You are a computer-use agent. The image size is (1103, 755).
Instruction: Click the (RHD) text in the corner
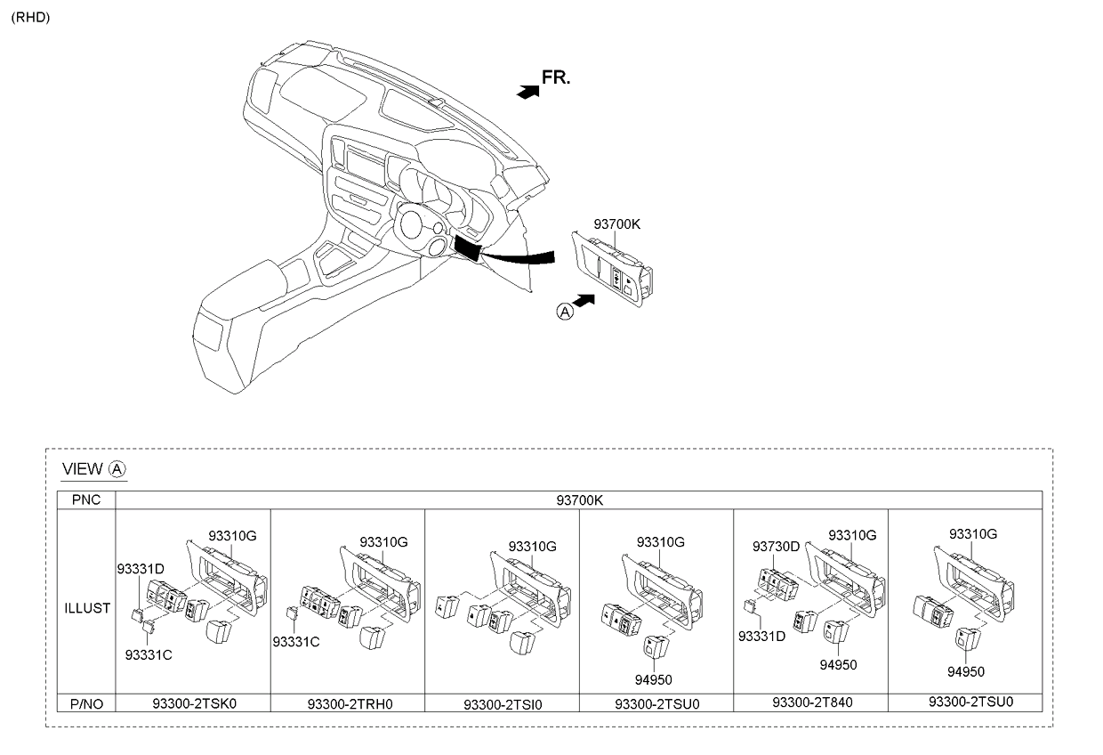click(x=30, y=18)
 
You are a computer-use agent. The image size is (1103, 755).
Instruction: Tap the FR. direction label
click(x=556, y=77)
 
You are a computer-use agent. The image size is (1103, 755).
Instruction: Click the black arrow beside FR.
click(x=527, y=93)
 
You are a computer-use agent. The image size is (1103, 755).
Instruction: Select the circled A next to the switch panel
click(x=565, y=312)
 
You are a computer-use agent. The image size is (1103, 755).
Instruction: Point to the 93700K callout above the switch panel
click(x=616, y=224)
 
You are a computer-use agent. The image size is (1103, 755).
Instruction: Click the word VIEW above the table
click(x=82, y=468)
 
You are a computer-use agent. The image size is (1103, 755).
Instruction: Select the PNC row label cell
click(x=86, y=499)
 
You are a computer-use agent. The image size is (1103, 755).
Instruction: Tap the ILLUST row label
click(x=86, y=608)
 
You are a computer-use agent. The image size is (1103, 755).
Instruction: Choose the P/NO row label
click(x=86, y=703)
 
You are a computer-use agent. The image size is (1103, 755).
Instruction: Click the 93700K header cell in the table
click(x=579, y=500)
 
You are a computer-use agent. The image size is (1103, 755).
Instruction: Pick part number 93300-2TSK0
click(x=194, y=703)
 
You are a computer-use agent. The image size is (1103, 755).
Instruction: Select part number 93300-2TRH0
click(x=350, y=703)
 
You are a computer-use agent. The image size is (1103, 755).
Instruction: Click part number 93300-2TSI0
click(x=503, y=704)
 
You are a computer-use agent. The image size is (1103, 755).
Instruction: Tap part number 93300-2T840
click(x=812, y=702)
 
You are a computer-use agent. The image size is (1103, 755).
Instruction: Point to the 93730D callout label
click(x=776, y=547)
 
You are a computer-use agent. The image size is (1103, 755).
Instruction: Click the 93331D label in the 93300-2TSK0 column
click(x=141, y=569)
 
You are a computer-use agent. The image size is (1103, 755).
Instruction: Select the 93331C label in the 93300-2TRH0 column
click(x=296, y=642)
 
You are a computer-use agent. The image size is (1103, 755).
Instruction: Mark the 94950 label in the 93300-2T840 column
click(x=838, y=665)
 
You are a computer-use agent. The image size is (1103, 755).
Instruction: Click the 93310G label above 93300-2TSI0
click(x=532, y=546)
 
